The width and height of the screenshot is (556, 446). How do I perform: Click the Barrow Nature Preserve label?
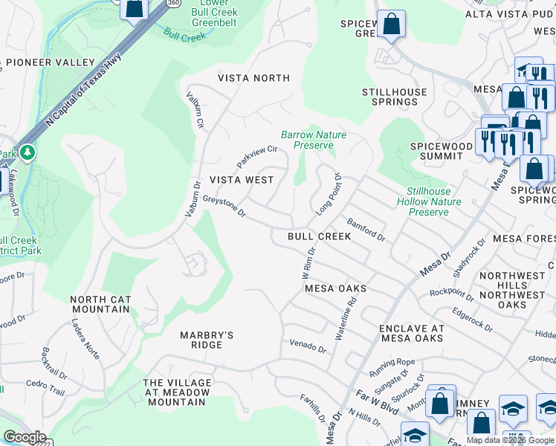click(313, 140)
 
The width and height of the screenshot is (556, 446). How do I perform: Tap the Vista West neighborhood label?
click(242, 180)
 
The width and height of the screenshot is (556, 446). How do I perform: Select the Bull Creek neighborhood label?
click(319, 236)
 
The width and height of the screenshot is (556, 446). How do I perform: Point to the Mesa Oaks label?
click(336, 288)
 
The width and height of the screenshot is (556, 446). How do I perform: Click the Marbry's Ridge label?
click(207, 340)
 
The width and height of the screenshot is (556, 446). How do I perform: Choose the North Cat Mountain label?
click(100, 304)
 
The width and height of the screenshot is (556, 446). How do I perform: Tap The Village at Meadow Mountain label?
click(177, 392)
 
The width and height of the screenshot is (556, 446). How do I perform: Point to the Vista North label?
click(253, 78)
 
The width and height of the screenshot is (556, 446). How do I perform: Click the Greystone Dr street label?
click(224, 207)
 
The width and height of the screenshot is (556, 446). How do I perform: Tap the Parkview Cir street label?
click(256, 157)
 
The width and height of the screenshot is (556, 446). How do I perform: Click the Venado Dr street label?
click(308, 346)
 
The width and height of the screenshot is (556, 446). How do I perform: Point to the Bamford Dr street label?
click(366, 230)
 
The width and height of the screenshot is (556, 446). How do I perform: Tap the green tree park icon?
click(28, 153)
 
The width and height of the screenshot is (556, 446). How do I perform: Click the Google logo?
click(24, 437)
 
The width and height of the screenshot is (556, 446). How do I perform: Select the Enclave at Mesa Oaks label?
click(411, 333)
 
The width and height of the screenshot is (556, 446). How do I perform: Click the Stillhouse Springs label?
click(395, 97)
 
